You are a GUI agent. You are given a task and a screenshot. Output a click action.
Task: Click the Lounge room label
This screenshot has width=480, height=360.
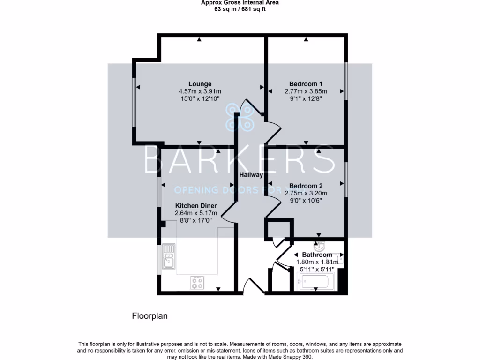(200, 84)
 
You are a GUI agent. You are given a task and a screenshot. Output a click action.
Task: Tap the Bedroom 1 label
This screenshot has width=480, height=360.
(306, 84)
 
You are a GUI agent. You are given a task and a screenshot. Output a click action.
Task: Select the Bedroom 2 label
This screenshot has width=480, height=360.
(306, 185)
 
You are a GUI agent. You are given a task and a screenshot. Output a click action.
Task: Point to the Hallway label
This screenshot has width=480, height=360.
(251, 174)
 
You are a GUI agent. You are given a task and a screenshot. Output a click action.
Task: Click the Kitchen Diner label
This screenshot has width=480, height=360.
(196, 206)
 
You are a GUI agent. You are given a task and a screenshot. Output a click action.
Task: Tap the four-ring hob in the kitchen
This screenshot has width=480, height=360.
(197, 282)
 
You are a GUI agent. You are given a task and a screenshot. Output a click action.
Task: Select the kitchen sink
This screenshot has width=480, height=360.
(169, 258)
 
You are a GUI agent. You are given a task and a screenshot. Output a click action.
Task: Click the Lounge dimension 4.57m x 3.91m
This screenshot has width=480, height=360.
(200, 91)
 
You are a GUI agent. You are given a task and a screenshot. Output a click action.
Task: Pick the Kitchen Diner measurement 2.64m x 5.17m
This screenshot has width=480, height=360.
(196, 213)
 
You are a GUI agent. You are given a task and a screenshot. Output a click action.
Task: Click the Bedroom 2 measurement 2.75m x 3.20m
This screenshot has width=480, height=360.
(306, 193)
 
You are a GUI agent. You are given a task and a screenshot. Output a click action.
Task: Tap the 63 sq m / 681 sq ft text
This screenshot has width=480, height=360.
(240, 8)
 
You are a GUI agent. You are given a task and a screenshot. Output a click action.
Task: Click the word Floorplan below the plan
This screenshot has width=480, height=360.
(150, 316)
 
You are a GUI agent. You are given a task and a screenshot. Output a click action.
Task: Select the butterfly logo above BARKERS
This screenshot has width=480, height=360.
(240, 117)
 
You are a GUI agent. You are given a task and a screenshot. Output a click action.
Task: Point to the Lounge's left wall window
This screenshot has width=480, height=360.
(134, 102)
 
